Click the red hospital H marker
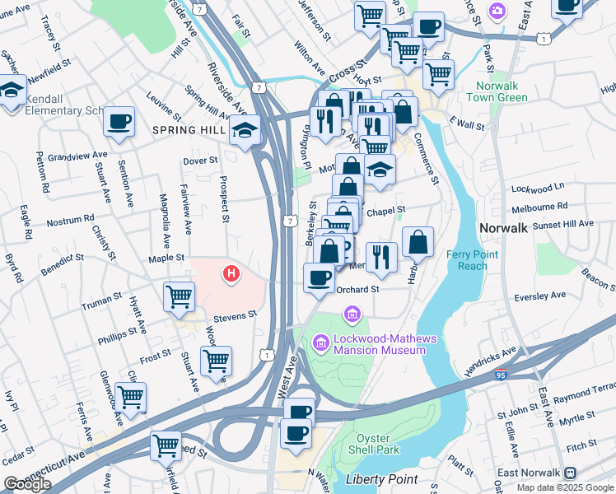(232, 273)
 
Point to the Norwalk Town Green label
(497, 92)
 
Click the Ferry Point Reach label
(472, 260)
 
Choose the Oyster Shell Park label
(377, 444)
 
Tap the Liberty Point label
(381, 479)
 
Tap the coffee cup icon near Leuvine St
(119, 123)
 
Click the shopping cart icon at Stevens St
(179, 296)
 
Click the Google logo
(27, 484)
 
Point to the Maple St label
(166, 258)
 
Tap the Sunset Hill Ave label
(564, 223)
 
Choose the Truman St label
(101, 302)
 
